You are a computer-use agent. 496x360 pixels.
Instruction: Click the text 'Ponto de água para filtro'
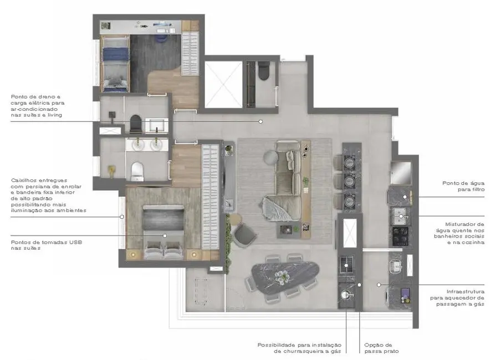[x=463, y=186]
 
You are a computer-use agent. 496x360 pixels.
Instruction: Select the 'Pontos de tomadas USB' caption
[x=34, y=245]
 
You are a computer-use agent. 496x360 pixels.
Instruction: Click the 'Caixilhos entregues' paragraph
[x=48, y=196]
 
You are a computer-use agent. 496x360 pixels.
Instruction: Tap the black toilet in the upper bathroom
[x=135, y=122]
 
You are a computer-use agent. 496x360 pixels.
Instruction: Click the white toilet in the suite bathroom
[x=136, y=170]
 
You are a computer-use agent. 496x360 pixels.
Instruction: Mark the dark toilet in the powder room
[x=263, y=71]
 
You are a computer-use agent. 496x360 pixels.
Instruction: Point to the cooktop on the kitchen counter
[x=401, y=235]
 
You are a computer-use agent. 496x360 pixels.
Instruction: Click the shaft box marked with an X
[x=223, y=84]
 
